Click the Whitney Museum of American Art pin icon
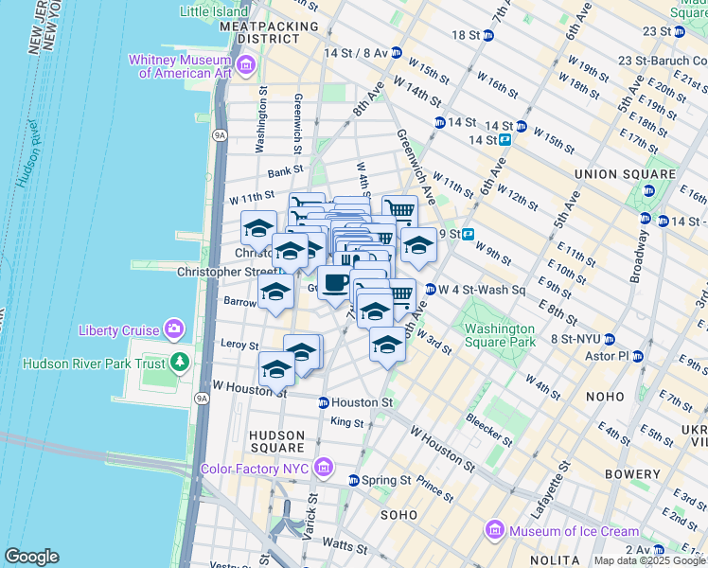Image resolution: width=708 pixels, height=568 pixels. tap(246, 65)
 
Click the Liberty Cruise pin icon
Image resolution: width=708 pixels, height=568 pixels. tap(174, 329)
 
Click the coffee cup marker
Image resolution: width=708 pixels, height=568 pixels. tap(334, 282)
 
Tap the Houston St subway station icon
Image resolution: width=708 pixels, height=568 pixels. tap(323, 402)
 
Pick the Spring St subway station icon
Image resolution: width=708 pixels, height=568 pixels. tap(354, 480)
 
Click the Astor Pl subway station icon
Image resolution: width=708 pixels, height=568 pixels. tap(637, 356)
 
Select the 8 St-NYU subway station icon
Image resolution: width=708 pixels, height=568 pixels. tap(610, 338)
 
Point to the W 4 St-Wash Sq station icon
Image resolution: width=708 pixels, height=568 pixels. tap(430, 290)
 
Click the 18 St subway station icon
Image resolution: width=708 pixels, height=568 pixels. tap(487, 35)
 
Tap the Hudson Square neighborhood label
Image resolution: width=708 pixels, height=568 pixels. tap(276, 440)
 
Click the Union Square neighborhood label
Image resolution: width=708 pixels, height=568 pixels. tap(625, 174)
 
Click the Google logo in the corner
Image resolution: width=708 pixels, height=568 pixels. tap(31, 556)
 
